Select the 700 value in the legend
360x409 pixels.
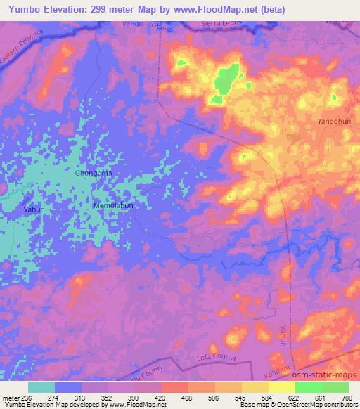pyautogui.click(x=345, y=397)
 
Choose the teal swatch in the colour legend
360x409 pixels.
pyautogui.click(x=41, y=387)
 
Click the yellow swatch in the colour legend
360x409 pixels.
pyautogui.click(x=282, y=387)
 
